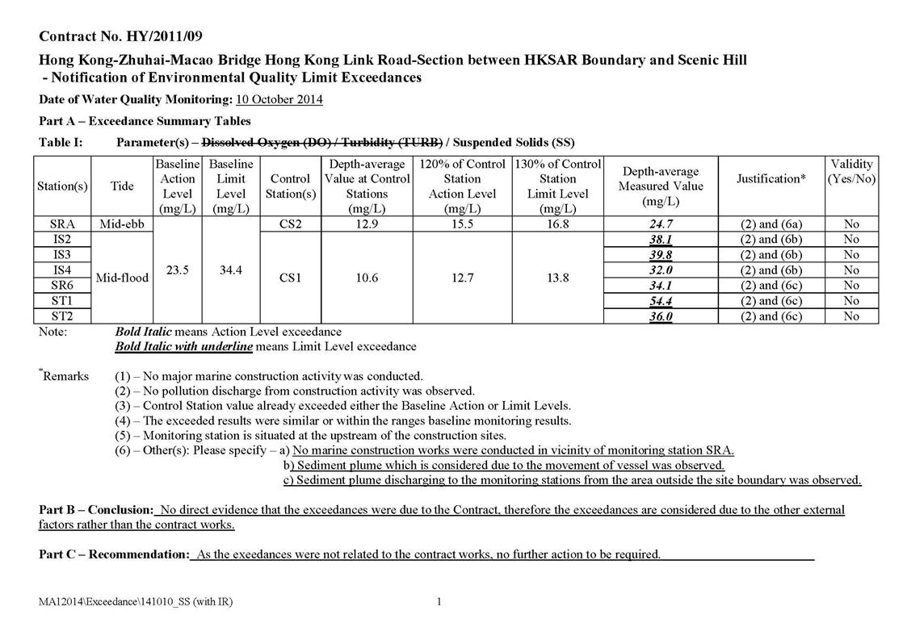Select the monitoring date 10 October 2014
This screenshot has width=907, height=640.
pyautogui.click(x=279, y=100)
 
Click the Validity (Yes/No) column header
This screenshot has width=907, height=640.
pyautogui.click(x=851, y=171)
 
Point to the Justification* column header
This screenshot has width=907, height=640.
pyautogui.click(x=771, y=178)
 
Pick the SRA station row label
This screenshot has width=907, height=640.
pyautogui.click(x=61, y=224)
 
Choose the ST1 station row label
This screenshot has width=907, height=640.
pyautogui.click(x=61, y=301)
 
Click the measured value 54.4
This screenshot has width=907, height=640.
pyautogui.click(x=661, y=301)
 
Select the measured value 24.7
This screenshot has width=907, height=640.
pyautogui.click(x=661, y=224)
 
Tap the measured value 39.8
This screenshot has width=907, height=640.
pyautogui.click(x=661, y=255)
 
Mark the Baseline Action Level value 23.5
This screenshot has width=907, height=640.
pyautogui.click(x=177, y=270)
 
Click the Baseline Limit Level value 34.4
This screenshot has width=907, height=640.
pyautogui.click(x=231, y=270)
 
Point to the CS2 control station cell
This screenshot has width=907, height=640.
pyautogui.click(x=290, y=224)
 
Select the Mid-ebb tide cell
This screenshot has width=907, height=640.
pyautogui.click(x=122, y=224)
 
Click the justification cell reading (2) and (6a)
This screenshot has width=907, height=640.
pyautogui.click(x=771, y=224)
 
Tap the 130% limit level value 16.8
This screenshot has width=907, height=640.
pyautogui.click(x=557, y=224)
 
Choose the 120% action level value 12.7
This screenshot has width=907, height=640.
pyautogui.click(x=462, y=278)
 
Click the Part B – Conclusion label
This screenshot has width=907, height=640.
pyautogui.click(x=96, y=510)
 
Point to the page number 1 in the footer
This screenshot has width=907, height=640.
pyautogui.click(x=439, y=601)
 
